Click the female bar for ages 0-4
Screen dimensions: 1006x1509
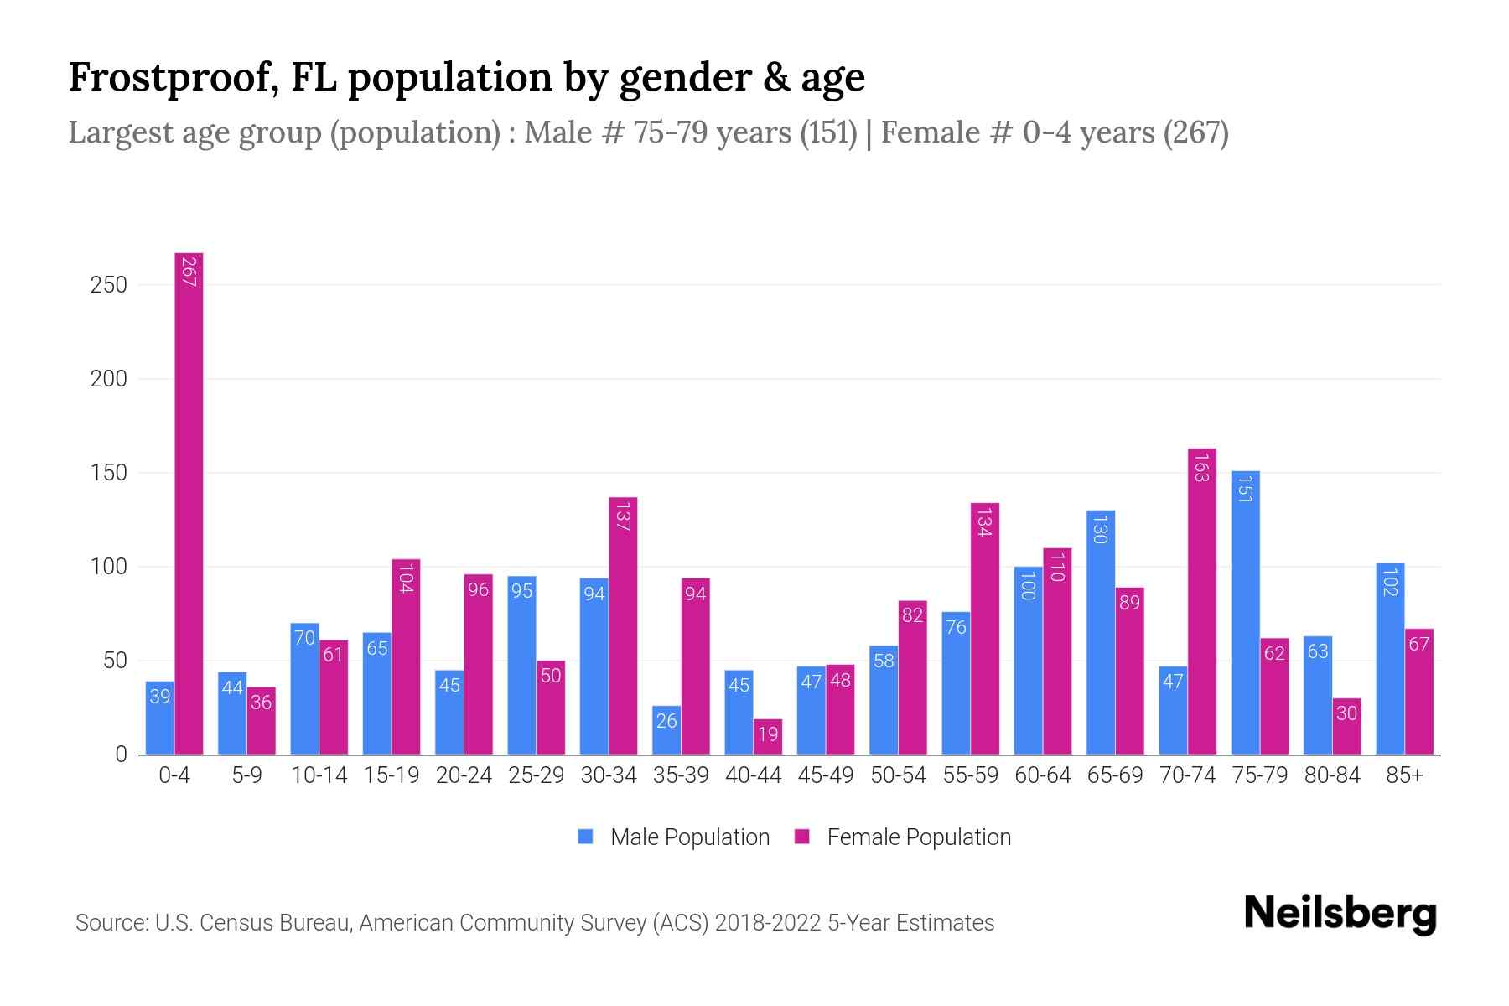coord(189,503)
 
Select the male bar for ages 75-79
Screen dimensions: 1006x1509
coord(1245,612)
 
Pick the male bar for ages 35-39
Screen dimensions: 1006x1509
coord(666,730)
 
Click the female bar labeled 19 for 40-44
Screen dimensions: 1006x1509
coord(767,737)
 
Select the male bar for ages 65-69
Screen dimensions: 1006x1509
coord(1100,633)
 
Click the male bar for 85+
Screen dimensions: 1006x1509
coord(1390,659)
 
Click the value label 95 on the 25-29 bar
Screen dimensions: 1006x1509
coord(521,591)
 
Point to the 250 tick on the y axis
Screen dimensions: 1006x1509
coord(109,285)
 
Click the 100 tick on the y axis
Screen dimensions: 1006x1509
coord(109,567)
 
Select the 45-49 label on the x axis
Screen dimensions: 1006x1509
coord(826,775)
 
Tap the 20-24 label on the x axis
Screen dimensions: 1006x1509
coord(464,775)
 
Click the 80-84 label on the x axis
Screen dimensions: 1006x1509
coord(1332,775)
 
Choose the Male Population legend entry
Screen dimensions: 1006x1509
coord(674,837)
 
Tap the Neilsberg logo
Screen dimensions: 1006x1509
coord(1340,914)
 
